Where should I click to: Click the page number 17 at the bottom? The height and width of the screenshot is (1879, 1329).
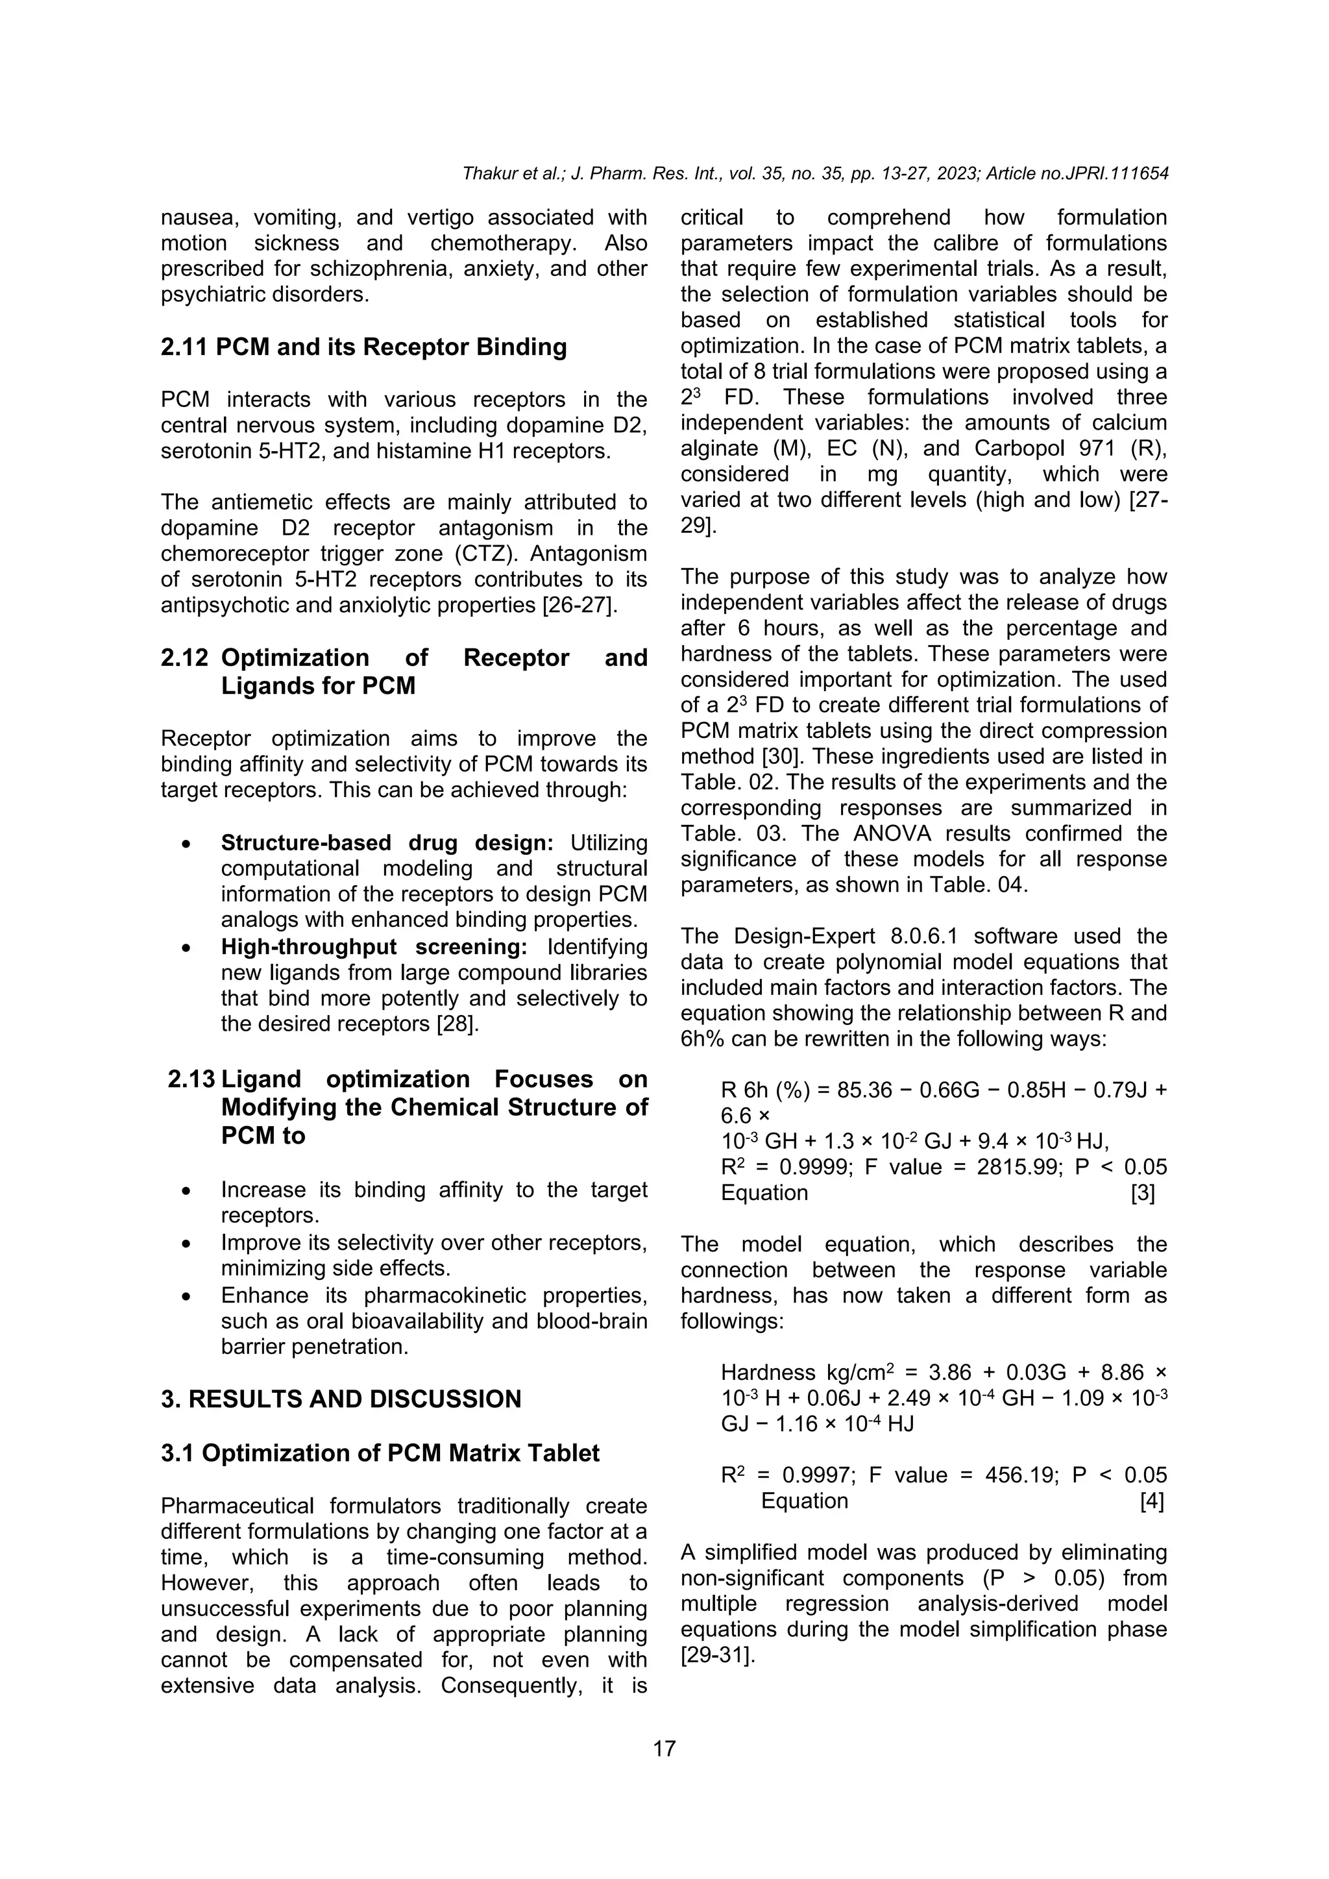[x=664, y=1749]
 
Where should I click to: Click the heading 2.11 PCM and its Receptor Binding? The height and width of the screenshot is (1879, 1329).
[x=363, y=347]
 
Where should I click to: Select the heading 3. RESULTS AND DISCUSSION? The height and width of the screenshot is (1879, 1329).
[x=341, y=1399]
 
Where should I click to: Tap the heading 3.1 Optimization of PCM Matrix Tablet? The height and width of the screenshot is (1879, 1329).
[x=380, y=1453]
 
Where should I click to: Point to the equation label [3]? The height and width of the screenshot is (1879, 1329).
[x=1142, y=1192]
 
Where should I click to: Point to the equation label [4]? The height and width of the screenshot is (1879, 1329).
[x=1151, y=1501]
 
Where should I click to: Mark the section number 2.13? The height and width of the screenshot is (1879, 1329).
[x=191, y=1079]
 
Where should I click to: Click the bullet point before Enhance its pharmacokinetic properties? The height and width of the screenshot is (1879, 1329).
[x=188, y=1297]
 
